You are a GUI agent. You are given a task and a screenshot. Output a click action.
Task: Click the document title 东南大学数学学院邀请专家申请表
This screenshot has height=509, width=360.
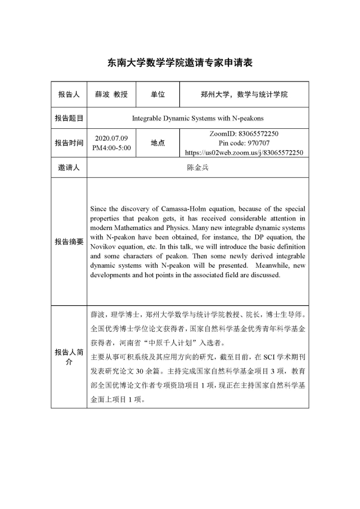tap(180, 63)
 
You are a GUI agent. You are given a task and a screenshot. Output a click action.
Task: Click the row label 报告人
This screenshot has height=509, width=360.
tap(69, 94)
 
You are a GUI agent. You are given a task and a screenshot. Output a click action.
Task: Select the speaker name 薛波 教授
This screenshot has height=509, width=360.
tap(111, 94)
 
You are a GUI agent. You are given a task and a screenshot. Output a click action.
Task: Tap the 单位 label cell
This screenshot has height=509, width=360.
tap(157, 94)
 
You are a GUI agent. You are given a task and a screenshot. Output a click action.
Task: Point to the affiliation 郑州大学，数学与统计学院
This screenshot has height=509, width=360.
tap(244, 94)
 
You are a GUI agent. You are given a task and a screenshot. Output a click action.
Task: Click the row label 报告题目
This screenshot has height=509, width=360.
tap(69, 119)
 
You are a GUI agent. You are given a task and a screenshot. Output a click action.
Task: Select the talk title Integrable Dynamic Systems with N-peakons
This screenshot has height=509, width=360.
tap(197, 119)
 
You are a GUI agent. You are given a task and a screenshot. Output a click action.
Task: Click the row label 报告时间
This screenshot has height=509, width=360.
tap(69, 143)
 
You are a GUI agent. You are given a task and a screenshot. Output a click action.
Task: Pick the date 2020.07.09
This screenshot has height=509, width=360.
tap(111, 138)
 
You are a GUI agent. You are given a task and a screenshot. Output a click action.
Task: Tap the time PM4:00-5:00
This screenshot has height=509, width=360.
tap(111, 147)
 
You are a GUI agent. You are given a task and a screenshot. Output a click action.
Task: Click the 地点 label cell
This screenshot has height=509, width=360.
tap(157, 143)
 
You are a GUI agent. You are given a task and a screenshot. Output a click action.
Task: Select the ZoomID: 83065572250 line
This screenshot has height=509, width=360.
tap(244, 134)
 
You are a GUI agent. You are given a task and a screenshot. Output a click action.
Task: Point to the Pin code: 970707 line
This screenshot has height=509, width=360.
tap(244, 143)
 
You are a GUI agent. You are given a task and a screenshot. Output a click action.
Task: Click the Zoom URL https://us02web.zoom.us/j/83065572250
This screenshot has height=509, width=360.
tap(244, 152)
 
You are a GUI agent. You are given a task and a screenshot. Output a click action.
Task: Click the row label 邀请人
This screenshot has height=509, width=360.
tap(69, 168)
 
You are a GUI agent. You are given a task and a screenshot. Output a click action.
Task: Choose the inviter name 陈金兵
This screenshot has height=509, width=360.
tap(197, 168)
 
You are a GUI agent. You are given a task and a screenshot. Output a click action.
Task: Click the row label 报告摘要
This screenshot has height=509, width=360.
tap(69, 241)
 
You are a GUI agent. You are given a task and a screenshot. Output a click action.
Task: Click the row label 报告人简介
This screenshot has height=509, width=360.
tap(69, 357)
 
